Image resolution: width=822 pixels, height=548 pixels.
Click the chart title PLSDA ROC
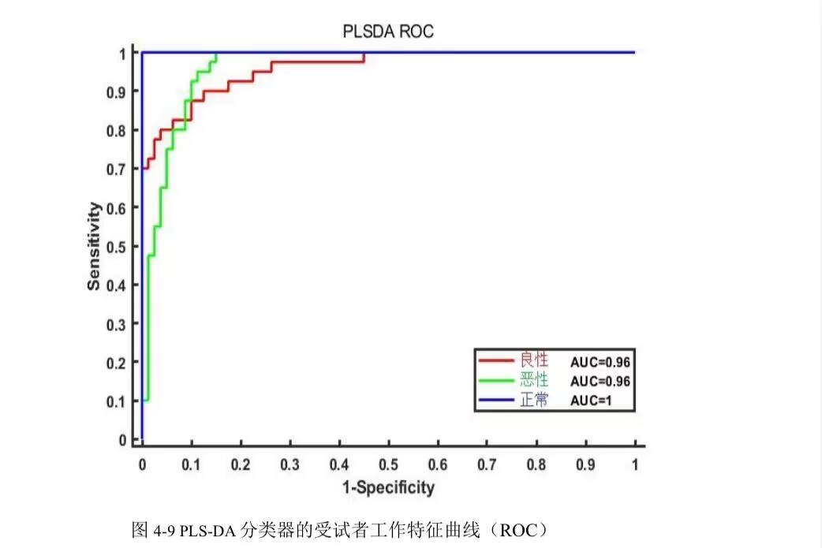point(388,32)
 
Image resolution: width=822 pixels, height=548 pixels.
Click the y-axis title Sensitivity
point(95,246)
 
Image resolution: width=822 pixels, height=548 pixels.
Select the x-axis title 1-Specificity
point(388,488)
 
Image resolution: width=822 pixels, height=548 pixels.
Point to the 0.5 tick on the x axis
point(388,464)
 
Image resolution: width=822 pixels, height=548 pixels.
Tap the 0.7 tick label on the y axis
point(117,169)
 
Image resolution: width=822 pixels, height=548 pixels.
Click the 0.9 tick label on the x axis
point(585,464)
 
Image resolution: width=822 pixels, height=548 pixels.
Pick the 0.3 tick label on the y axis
point(117,324)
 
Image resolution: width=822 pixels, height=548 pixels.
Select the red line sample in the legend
point(496,361)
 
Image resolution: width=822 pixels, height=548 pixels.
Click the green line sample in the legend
point(496,381)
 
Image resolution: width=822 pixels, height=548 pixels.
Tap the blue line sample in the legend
point(496,401)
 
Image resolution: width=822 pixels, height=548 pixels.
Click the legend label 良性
point(533,361)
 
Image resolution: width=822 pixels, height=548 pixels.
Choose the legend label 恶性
point(533,381)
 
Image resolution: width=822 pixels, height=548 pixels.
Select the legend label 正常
point(533,401)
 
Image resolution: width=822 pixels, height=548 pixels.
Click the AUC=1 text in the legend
point(591,401)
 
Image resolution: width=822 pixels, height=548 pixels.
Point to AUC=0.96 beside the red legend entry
point(600,362)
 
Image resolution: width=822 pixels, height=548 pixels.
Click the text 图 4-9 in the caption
point(154,529)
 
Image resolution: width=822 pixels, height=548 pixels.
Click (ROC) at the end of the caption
point(517,529)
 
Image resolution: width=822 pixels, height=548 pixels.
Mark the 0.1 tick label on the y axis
point(117,401)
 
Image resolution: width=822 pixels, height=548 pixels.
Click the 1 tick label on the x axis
point(635,464)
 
